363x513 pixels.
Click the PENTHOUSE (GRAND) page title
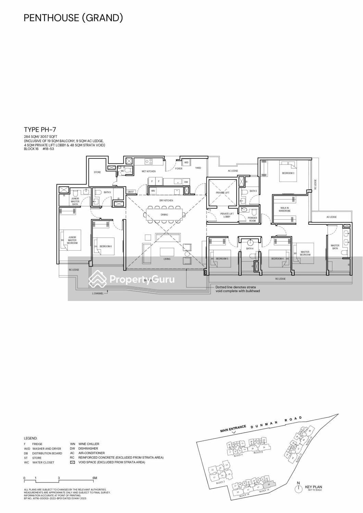coord(73,18)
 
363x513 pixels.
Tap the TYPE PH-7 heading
coord(40,130)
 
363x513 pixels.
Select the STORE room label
coord(97,172)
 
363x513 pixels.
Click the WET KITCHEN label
coord(149,171)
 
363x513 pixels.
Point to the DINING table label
coord(164,215)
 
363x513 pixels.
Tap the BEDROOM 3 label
coord(288,173)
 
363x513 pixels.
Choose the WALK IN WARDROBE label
coord(285,209)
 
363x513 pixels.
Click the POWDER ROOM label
coord(252,219)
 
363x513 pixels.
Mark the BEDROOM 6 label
coord(105,246)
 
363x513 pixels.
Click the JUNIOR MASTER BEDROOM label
coord(72,240)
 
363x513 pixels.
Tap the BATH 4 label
coord(250,249)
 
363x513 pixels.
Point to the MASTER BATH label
coord(335,247)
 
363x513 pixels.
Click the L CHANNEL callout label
coord(98,293)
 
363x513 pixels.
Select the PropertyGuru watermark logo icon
coord(98,279)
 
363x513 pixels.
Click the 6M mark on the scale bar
coord(95,478)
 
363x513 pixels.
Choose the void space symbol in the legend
coord(72,462)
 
